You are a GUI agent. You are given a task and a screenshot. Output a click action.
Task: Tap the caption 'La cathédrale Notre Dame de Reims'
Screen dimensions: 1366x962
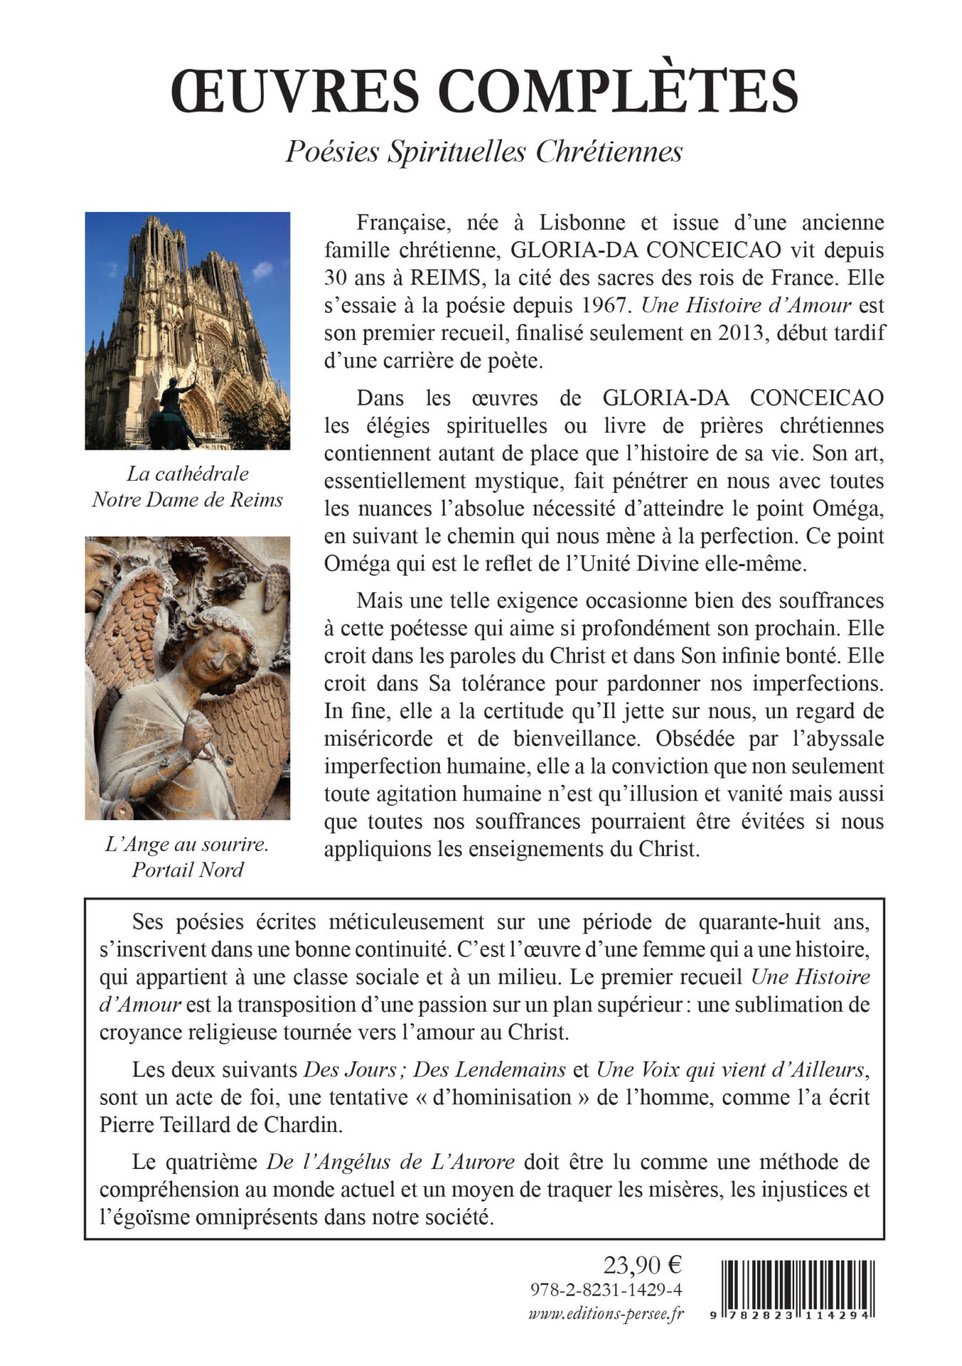(x=187, y=487)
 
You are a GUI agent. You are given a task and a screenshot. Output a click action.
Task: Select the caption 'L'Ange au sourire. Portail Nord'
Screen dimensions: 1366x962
(x=187, y=857)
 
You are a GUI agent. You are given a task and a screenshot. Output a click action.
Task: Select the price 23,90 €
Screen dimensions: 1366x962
(x=643, y=1265)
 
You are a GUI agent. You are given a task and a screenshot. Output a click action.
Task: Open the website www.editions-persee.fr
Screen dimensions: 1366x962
(x=606, y=1314)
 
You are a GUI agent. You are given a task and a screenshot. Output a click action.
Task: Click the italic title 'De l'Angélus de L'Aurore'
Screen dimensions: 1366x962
(x=391, y=1162)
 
